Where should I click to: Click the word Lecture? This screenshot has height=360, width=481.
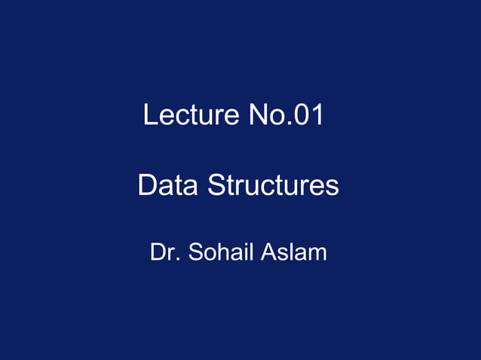coord(190,116)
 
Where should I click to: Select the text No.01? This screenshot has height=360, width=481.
coord(286,116)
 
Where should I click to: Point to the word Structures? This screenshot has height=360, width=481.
coord(273,185)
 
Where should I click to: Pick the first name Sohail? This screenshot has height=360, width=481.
coord(222,252)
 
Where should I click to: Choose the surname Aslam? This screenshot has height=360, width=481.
coord(293,252)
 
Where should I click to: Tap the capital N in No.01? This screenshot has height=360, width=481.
coord(256,116)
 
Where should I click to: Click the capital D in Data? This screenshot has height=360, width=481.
coord(147,185)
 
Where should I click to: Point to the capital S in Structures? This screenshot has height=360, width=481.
coord(216,185)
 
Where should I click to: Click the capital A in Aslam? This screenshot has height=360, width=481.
coord(268,252)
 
